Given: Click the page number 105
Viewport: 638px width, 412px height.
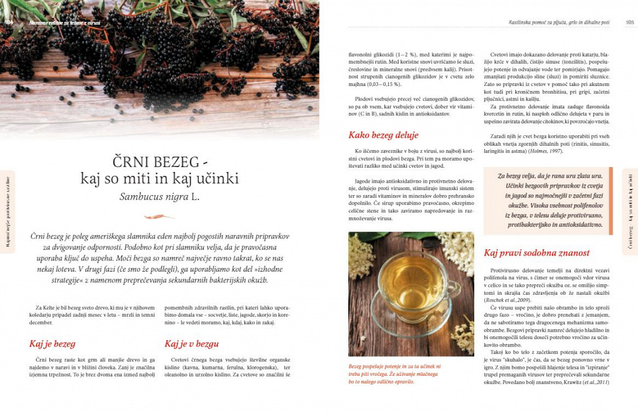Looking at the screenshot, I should pyautogui.click(x=629, y=22).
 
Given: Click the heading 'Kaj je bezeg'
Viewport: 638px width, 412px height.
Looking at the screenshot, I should pyautogui.click(x=52, y=343).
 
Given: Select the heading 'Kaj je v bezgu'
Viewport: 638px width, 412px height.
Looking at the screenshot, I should pyautogui.click(x=191, y=343).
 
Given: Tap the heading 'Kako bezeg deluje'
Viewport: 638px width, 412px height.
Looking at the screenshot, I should pyautogui.click(x=383, y=135).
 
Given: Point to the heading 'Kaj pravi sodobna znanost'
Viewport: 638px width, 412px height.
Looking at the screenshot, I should pyautogui.click(x=536, y=253).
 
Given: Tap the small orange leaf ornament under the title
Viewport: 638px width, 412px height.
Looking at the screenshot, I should pyautogui.click(x=159, y=216).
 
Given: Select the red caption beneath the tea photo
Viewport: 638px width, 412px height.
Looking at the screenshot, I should pyautogui.click(x=394, y=374).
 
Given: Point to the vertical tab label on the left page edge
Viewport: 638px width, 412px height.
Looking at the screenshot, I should pyautogui.click(x=7, y=212).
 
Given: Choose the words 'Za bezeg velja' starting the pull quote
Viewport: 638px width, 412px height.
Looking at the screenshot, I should pyautogui.click(x=519, y=176).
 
